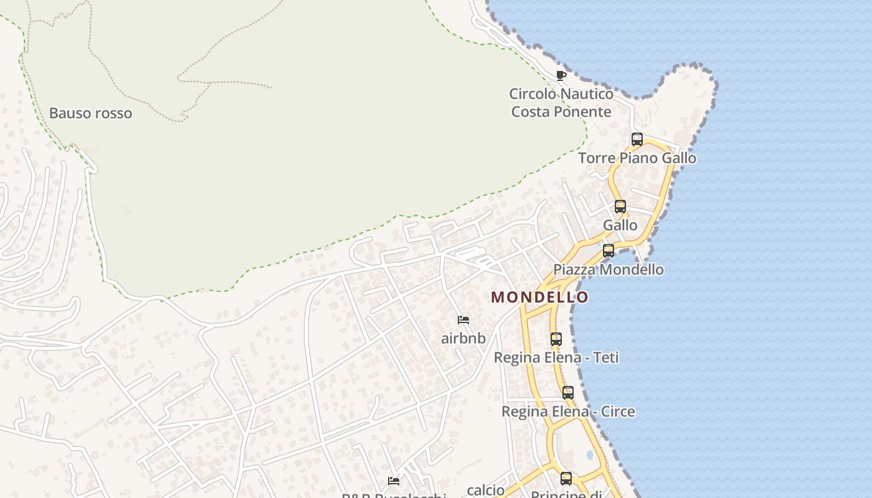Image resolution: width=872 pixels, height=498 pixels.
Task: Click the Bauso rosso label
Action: pyautogui.click(x=90, y=113)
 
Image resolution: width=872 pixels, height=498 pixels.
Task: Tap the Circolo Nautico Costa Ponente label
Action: pyautogui.click(x=561, y=103)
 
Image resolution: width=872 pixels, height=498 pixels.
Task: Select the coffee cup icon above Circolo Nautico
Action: pyautogui.click(x=561, y=75)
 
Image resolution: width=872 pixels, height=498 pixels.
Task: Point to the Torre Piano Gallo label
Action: pyautogui.click(x=637, y=158)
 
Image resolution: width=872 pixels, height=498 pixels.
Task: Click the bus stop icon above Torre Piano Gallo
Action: pyautogui.click(x=637, y=139)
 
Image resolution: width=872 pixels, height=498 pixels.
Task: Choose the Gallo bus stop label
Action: pyautogui.click(x=620, y=225)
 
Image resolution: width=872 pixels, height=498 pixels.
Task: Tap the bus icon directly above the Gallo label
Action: pyautogui.click(x=620, y=207)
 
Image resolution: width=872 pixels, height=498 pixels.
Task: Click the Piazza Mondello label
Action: pyautogui.click(x=609, y=270)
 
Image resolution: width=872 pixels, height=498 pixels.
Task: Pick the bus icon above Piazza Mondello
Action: pyautogui.click(x=609, y=251)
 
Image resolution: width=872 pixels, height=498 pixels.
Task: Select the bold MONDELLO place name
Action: pyautogui.click(x=539, y=297)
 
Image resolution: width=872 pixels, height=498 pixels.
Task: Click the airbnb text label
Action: pyautogui.click(x=463, y=339)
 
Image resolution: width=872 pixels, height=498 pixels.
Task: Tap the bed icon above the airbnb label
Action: pyautogui.click(x=463, y=320)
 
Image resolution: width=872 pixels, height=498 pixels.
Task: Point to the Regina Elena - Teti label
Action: pyautogui.click(x=556, y=358)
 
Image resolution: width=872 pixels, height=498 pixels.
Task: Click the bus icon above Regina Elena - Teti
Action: pyautogui.click(x=556, y=339)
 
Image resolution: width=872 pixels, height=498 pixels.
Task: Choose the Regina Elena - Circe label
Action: pyautogui.click(x=568, y=411)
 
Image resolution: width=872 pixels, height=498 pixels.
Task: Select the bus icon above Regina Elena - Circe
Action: pyautogui.click(x=568, y=393)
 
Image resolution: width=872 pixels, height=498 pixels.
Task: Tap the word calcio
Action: pyautogui.click(x=485, y=491)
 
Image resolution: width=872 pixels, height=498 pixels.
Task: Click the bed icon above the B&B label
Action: pyautogui.click(x=394, y=481)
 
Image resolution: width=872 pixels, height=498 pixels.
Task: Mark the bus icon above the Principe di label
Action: pyautogui.click(x=566, y=478)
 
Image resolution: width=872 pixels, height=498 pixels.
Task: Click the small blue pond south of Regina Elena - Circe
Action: pyautogui.click(x=589, y=455)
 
